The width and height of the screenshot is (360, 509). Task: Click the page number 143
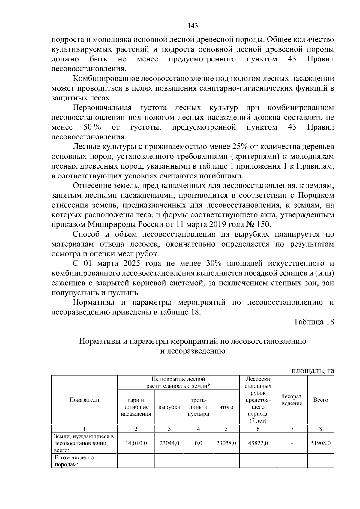(193, 26)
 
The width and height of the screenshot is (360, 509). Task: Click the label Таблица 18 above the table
(313, 322)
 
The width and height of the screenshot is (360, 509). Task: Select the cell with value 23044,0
(169, 443)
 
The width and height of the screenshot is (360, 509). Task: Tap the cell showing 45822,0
(258, 443)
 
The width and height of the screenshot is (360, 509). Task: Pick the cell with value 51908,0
(321, 443)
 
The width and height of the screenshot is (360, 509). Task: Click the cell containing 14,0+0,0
(136, 443)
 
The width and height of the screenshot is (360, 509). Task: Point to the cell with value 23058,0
(226, 443)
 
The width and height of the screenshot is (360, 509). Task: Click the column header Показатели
(84, 400)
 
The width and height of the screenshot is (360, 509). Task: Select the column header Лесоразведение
(292, 400)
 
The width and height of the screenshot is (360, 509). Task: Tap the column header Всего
(321, 400)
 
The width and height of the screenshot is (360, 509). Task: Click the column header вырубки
(169, 407)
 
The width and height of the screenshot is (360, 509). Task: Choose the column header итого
(226, 407)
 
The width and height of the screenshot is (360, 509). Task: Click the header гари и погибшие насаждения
(136, 407)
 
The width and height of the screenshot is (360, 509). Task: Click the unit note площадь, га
(313, 370)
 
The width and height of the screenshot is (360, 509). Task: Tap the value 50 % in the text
(92, 127)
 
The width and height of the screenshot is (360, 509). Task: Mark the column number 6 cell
(258, 429)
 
